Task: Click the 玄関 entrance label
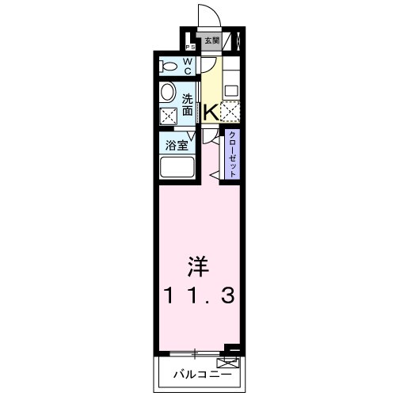point(212,40)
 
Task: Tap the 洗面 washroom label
point(188,105)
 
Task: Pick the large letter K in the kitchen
point(211,112)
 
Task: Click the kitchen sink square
point(230,89)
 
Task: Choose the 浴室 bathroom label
point(176,146)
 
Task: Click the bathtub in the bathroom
point(177,168)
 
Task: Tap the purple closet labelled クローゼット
point(232,154)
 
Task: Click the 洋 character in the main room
point(197,264)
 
